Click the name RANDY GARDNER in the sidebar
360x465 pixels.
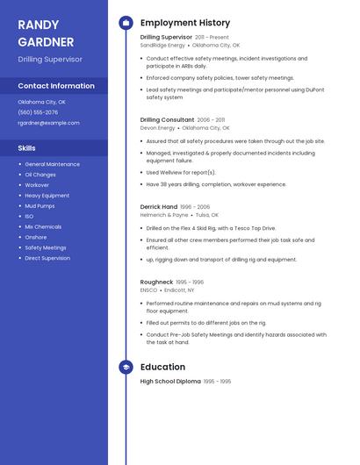pyautogui.click(x=46, y=32)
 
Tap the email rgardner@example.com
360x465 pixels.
pyautogui.click(x=48, y=123)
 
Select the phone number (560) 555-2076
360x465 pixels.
pyautogui.click(x=38, y=112)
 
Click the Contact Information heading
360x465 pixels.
pyautogui.click(x=56, y=86)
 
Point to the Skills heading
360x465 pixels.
pyautogui.click(x=27, y=148)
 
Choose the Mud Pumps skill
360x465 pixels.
pyautogui.click(x=40, y=205)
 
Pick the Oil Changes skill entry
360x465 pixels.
pyautogui.click(x=40, y=175)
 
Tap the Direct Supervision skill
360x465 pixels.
pyautogui.click(x=47, y=258)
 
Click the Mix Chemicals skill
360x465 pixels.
pyautogui.click(x=43, y=226)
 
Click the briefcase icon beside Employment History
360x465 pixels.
pyautogui.click(x=126, y=23)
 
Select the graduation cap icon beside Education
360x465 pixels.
pyautogui.click(x=126, y=367)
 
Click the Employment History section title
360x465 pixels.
pyautogui.click(x=185, y=23)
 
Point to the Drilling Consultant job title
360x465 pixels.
pyautogui.click(x=167, y=119)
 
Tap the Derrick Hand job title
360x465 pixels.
pyautogui.click(x=158, y=206)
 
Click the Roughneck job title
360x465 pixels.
pyautogui.click(x=156, y=283)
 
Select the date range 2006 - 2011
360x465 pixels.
pyautogui.click(x=212, y=119)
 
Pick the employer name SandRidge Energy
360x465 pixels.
pyautogui.click(x=162, y=45)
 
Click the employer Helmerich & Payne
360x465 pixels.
pyautogui.click(x=164, y=214)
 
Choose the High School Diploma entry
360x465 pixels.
pyautogui.click(x=170, y=382)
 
